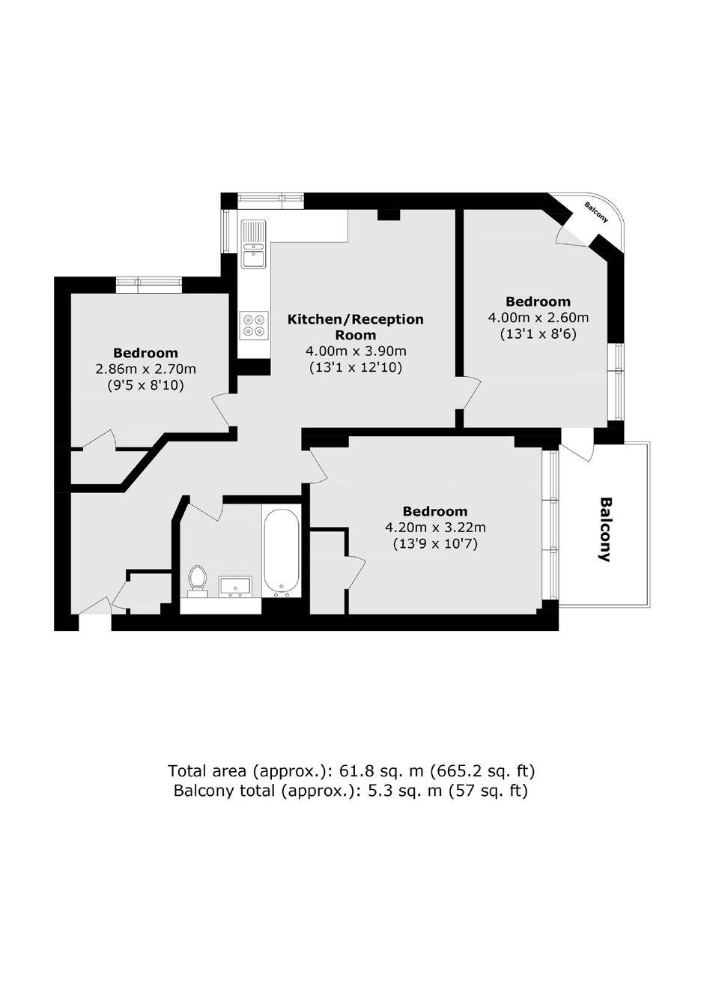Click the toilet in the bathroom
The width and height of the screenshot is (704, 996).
197,580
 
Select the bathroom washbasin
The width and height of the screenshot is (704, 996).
235,586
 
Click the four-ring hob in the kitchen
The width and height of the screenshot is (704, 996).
254,325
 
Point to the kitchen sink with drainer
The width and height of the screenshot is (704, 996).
253,244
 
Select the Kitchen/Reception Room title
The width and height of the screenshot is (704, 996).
356,327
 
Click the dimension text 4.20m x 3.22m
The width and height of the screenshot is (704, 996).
435,528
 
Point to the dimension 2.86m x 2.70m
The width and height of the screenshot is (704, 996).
146,369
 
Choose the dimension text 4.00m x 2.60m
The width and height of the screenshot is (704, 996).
538,318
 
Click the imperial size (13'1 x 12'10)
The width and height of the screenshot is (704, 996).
356,368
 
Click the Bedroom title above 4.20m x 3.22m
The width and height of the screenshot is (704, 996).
435,511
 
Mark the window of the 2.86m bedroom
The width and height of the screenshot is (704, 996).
149,285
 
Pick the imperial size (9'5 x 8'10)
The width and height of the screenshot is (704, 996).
146,385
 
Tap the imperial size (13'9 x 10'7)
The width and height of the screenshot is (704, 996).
435,544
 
